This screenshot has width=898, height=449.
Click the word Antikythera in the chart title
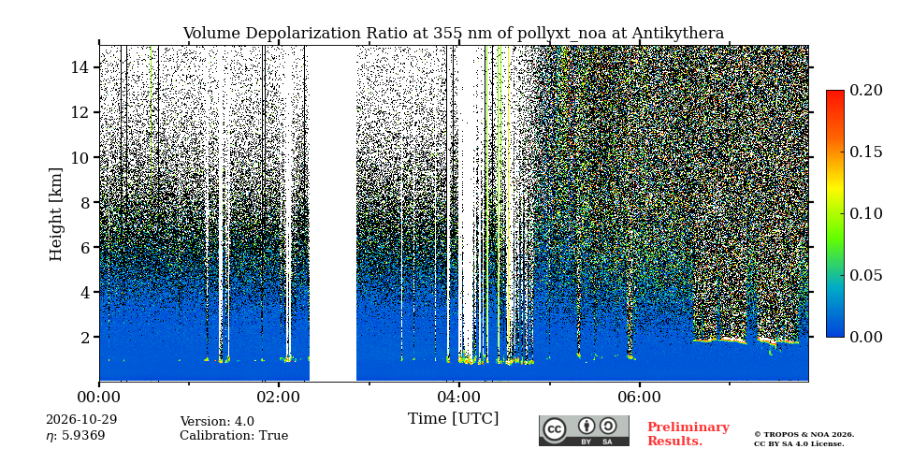(x=678, y=34)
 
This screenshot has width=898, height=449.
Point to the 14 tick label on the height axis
(x=80, y=67)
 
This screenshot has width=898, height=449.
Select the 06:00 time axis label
(x=639, y=397)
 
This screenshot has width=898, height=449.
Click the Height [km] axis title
(x=55, y=214)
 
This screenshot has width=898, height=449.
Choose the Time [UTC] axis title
(x=453, y=419)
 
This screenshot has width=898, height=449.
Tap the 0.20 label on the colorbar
(x=867, y=90)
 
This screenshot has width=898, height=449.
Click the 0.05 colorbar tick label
(x=867, y=275)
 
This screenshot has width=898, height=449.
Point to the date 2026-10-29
(x=81, y=420)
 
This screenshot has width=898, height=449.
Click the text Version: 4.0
(x=217, y=422)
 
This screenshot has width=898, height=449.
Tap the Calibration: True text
(x=234, y=436)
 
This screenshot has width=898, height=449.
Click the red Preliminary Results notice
(x=688, y=434)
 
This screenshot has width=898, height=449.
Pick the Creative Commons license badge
(x=584, y=430)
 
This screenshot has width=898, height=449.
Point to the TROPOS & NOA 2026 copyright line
(x=804, y=435)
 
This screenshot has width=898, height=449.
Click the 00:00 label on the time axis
(x=99, y=397)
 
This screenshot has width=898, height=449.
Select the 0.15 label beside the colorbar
(x=867, y=152)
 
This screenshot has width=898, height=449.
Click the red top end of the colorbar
(x=835, y=92)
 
